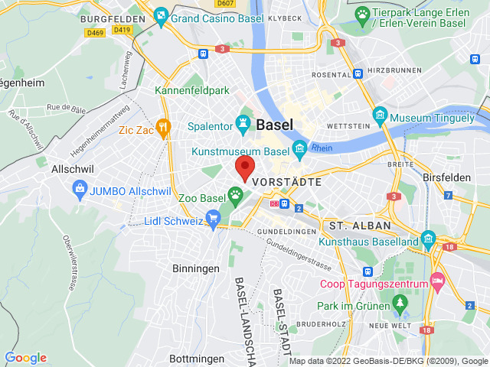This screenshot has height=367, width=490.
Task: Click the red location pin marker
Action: (x=245, y=168)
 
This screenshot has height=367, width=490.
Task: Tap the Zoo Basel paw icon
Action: (x=235, y=196)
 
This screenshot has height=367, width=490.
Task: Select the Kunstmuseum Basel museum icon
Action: (x=299, y=148)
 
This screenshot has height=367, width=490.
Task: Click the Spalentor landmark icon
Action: (x=243, y=122)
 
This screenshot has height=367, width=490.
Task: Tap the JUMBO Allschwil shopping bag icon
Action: (x=79, y=187)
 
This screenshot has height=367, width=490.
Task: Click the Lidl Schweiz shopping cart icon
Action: (x=211, y=220)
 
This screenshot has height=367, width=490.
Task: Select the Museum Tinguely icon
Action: (x=380, y=116)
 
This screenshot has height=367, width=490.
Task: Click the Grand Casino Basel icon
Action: (x=160, y=15)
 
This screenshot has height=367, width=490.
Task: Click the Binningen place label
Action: (x=195, y=268)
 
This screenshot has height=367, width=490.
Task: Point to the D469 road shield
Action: (x=95, y=33)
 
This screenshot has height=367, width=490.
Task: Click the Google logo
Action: (x=26, y=358)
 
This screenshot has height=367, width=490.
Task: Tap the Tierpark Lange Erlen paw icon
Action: (x=362, y=13)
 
